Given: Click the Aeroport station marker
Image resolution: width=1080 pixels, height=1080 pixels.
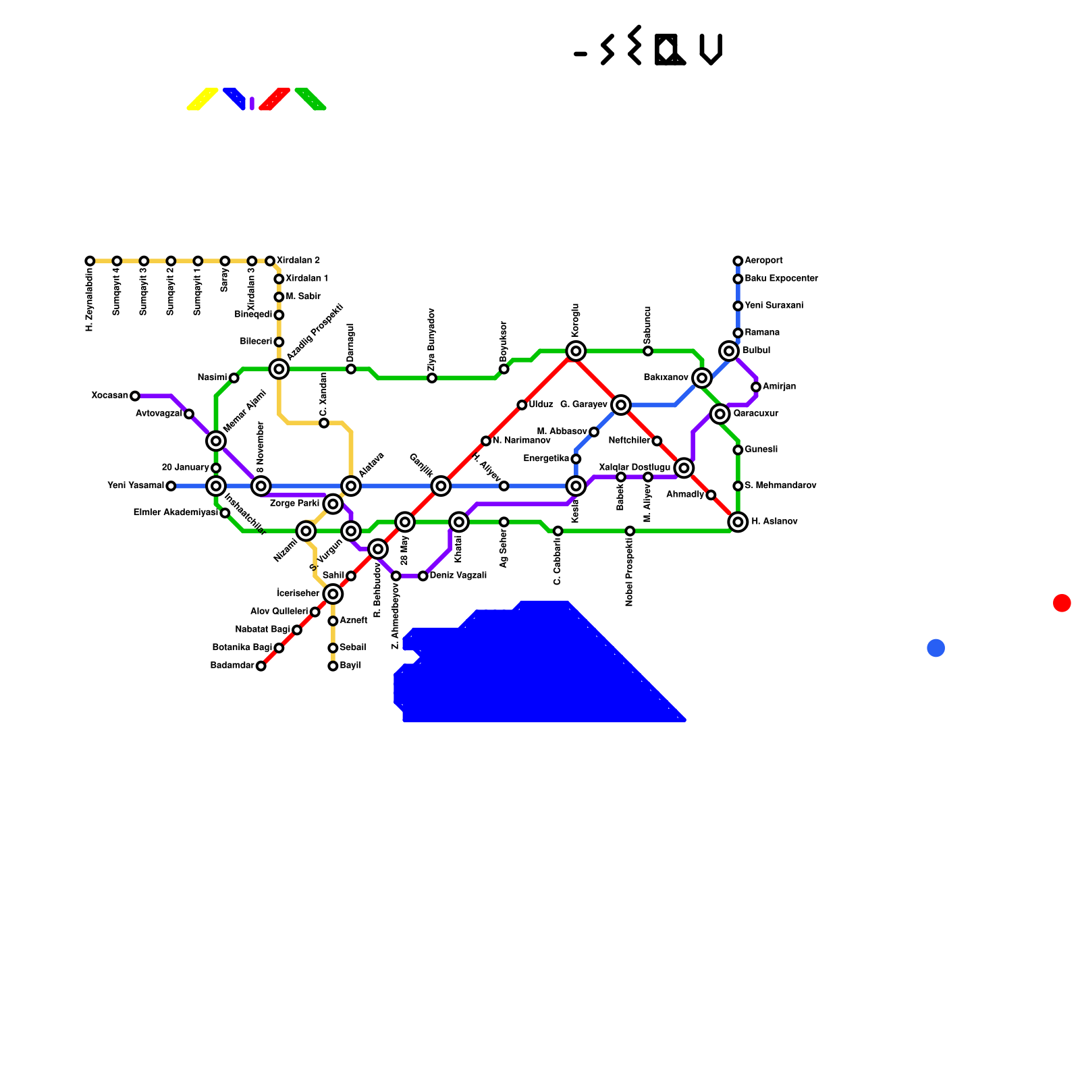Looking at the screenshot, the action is (738, 261).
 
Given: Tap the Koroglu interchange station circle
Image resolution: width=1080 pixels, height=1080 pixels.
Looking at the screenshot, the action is (576, 350).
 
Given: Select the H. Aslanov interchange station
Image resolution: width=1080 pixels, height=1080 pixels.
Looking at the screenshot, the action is (738, 522).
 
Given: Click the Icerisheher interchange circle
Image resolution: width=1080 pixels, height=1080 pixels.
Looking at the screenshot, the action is (333, 594).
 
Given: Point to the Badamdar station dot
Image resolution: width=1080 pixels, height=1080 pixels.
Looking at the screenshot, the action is (261, 666).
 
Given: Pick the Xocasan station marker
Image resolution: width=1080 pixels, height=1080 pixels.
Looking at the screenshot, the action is (135, 396).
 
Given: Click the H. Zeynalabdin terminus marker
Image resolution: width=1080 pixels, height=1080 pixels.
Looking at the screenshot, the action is (90, 261).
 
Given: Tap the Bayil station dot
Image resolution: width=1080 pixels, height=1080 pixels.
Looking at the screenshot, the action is (333, 666).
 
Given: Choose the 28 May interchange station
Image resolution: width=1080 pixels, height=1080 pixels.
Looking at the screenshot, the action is (405, 522).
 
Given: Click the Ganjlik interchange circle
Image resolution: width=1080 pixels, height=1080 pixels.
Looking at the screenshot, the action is (441, 485).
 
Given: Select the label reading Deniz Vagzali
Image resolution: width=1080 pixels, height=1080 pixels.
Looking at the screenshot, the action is (458, 576).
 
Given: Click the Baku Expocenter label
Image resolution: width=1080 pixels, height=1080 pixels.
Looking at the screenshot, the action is (781, 278).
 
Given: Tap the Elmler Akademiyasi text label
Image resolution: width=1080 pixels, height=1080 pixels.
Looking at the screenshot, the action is (175, 512).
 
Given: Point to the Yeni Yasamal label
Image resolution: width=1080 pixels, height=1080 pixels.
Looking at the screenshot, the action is (135, 485).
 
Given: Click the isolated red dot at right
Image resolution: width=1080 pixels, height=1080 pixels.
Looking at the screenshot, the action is (1062, 603).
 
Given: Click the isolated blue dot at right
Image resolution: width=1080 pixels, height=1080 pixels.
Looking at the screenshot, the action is (936, 648).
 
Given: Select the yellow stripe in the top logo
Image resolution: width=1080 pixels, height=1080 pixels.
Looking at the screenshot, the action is (202, 99).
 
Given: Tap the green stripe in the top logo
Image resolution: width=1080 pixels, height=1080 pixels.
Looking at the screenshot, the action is (310, 99).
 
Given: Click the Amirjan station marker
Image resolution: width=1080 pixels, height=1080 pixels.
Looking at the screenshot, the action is (756, 387).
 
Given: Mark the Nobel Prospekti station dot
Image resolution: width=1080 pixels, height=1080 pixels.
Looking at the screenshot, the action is (630, 531).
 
